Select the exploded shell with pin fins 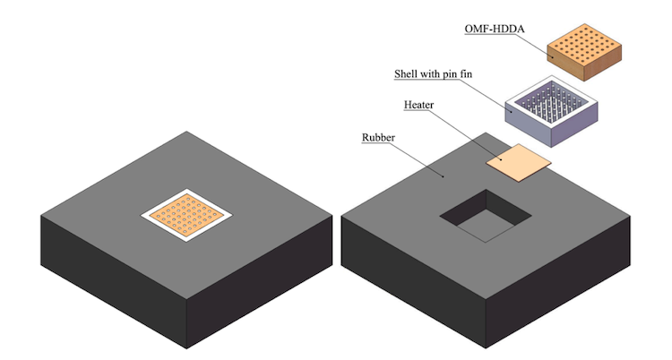551,112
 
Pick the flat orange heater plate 518,161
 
